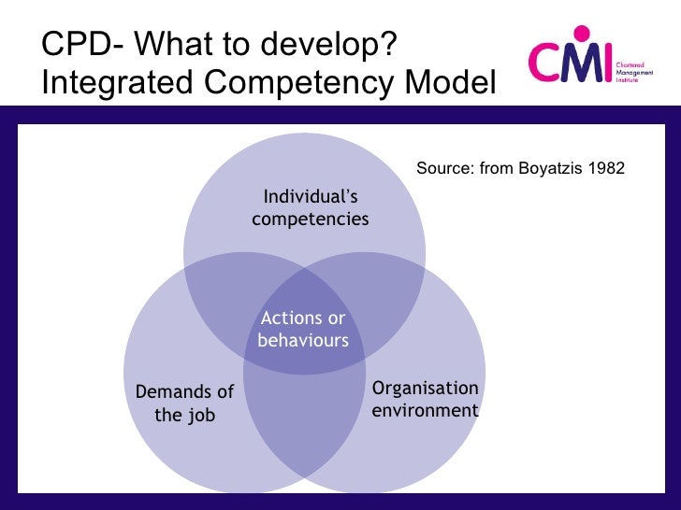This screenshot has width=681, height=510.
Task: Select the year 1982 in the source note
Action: (x=607, y=168)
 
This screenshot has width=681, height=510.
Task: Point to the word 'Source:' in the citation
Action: (x=445, y=168)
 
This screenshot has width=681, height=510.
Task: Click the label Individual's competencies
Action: (x=311, y=207)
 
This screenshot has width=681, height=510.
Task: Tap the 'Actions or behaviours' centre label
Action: (x=303, y=330)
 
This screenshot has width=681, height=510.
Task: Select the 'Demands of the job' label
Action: (x=184, y=403)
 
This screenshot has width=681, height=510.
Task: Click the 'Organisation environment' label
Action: (x=425, y=400)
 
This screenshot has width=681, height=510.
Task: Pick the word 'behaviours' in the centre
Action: (x=303, y=341)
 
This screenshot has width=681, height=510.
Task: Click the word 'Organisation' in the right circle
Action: (x=426, y=389)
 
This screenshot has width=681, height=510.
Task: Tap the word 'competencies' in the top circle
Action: (x=311, y=219)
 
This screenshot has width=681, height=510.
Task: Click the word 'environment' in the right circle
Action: (x=425, y=411)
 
